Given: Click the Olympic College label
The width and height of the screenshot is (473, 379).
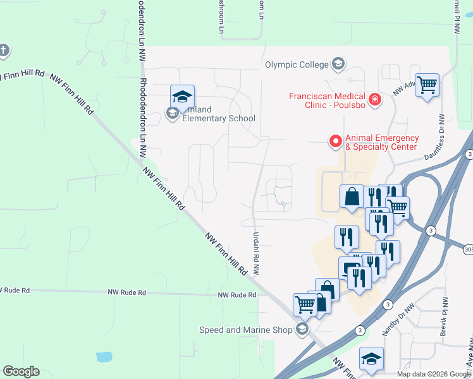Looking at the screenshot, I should tap(297, 64).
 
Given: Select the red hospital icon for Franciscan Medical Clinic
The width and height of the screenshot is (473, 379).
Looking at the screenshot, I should tap(375, 99).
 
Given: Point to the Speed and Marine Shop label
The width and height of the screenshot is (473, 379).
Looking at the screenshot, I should tap(245, 330).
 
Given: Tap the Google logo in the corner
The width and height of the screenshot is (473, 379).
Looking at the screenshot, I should tap(21, 371).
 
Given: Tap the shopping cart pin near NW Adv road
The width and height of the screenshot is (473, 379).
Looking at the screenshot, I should tap(427, 84).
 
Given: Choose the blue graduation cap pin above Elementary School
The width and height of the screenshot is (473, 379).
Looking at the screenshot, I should tap(182, 97).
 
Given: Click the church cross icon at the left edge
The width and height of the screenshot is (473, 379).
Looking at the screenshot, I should tap(3, 51).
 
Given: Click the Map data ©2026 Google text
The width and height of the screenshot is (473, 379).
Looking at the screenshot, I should tap(433, 374).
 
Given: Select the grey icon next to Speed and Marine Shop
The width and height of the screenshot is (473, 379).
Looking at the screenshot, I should tap(302, 329).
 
